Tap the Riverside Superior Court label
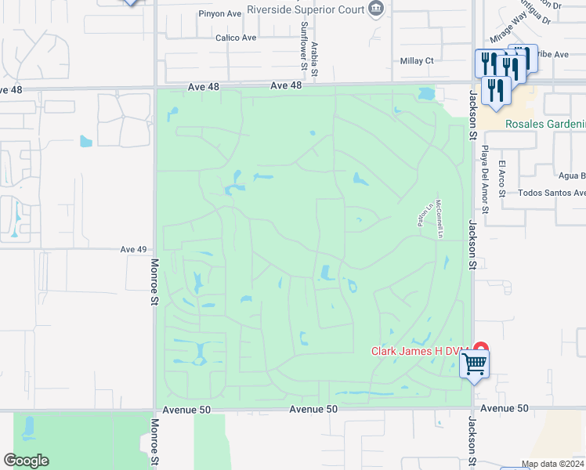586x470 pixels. coord(305,9)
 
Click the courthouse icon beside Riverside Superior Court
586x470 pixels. coord(378,9)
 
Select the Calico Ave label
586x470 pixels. coord(236,37)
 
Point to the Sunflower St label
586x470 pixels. coord(302,44)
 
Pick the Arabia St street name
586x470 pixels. coord(314,60)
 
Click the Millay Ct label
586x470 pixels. coord(416,60)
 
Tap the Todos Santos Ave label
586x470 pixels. coord(552,193)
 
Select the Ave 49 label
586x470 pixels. coord(134,249)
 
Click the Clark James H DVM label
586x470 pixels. coord(419,351)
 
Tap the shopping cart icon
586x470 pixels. coord(474,363)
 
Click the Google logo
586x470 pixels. coord(26,461)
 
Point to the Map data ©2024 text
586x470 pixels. coord(552,465)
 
